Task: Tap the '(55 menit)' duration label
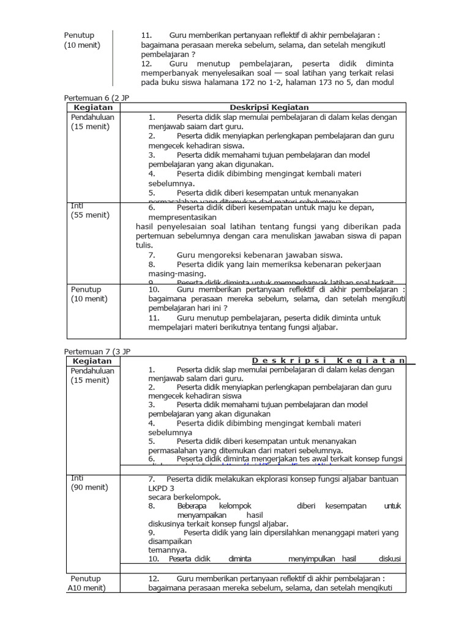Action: click(x=90, y=215)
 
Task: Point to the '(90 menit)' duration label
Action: click(x=90, y=487)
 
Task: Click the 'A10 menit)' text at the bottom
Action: click(x=86, y=588)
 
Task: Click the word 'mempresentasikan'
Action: click(x=182, y=217)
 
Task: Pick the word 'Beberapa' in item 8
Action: click(x=192, y=506)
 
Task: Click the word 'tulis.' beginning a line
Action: click(x=144, y=245)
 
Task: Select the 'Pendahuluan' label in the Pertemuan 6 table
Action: click(x=93, y=117)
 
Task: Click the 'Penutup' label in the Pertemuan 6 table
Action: click(x=86, y=289)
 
